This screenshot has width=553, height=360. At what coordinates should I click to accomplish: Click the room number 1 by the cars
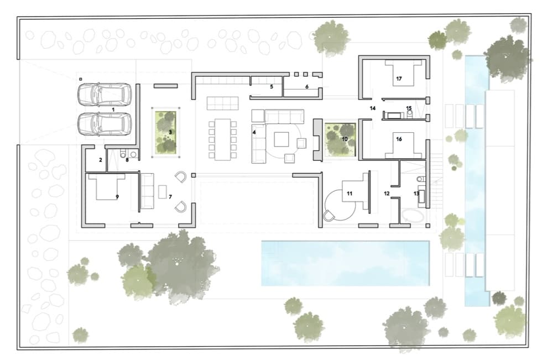click(x=113, y=109)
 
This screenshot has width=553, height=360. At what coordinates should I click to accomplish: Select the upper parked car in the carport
click(x=105, y=95)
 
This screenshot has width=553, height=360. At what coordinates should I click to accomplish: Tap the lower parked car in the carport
click(x=105, y=124)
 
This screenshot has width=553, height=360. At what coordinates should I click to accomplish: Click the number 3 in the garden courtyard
click(x=170, y=132)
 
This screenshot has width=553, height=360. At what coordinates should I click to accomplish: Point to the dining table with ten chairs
click(x=222, y=139)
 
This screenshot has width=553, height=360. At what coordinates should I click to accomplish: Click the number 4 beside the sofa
click(x=254, y=133)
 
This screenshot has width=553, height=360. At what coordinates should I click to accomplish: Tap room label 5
click(x=272, y=87)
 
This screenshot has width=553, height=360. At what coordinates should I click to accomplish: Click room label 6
click(x=307, y=87)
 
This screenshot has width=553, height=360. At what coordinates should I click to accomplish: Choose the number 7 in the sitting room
click(x=170, y=197)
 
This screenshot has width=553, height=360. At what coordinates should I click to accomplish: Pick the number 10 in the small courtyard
click(x=345, y=139)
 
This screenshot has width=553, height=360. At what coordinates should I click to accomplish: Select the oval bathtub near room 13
click(x=412, y=216)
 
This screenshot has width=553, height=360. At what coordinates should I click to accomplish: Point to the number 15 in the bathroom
click(x=409, y=108)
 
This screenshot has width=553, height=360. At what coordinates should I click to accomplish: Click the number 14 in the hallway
click(x=373, y=108)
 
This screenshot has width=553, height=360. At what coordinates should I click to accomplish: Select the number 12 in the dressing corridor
click(x=387, y=194)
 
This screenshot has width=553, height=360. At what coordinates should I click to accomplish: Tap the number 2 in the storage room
click(x=101, y=160)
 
